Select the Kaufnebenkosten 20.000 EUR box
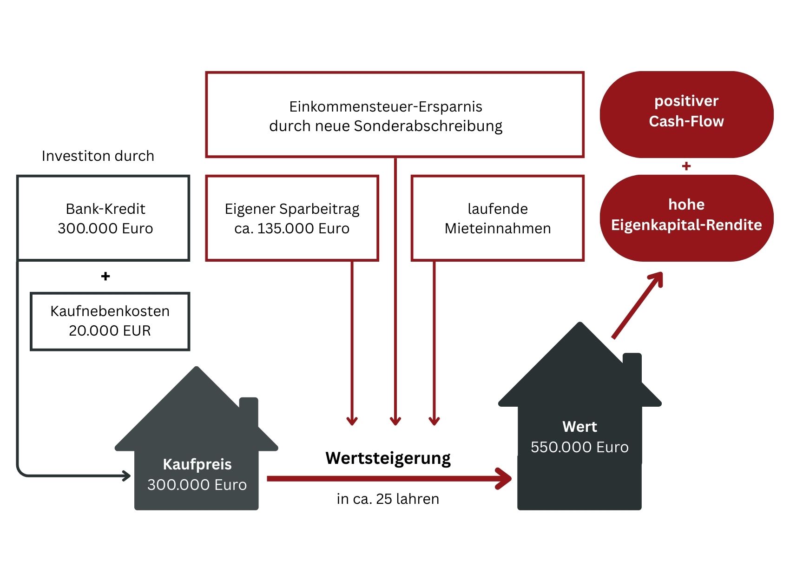(110, 321)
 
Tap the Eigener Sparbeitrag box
(292, 218)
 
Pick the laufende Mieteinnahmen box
(497, 218)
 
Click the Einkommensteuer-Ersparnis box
(395, 115)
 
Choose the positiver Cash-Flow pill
(686, 112)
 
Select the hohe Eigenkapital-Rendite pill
(686, 215)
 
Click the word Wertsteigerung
(388, 458)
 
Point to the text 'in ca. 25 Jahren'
(388, 499)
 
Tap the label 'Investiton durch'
(98, 156)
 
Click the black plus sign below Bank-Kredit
(105, 276)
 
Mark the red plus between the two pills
(686, 166)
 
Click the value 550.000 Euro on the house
(579, 447)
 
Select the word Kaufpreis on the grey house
(197, 464)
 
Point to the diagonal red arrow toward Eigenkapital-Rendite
(637, 306)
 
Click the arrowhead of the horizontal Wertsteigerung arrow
(504, 478)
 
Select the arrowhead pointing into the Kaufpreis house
(126, 475)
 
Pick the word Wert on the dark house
(579, 426)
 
